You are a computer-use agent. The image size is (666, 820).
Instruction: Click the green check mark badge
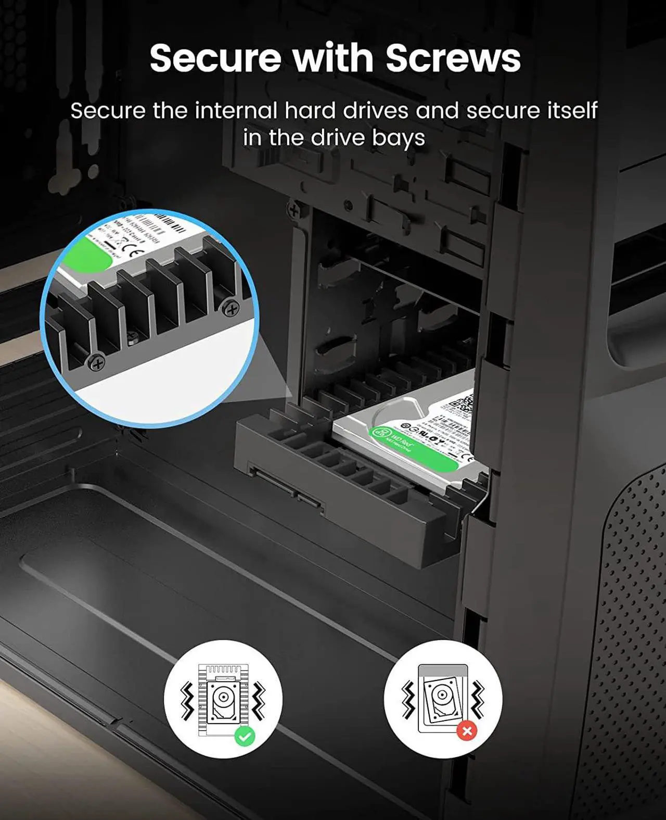tap(245, 736)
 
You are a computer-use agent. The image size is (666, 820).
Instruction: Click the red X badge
tap(467, 731)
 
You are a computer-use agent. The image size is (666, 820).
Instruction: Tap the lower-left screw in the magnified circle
tap(96, 362)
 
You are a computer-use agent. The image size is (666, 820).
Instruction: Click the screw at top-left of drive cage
tap(294, 211)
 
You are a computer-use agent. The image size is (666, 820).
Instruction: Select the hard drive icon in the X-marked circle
tap(442, 698)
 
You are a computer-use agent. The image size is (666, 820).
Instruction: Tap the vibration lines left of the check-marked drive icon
tap(187, 700)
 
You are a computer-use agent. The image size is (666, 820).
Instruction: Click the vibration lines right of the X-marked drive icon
tap(477, 698)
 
